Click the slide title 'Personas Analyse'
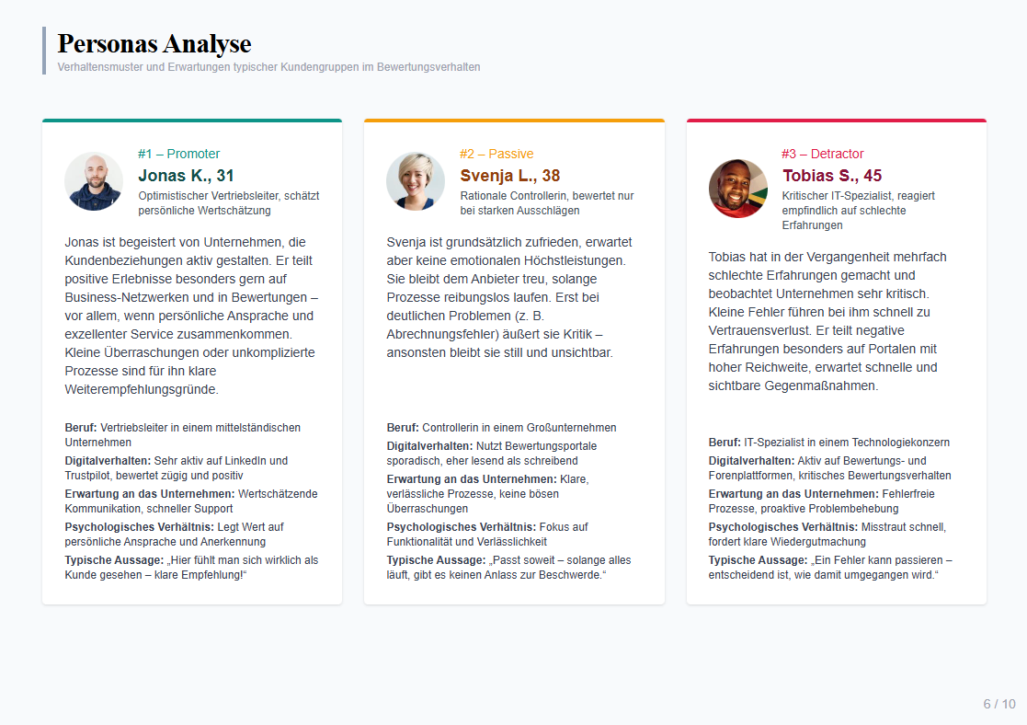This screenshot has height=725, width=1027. click(154, 43)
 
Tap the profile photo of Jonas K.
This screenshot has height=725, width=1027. click(94, 181)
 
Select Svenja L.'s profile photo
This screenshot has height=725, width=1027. click(416, 181)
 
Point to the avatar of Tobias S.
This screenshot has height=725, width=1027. click(738, 189)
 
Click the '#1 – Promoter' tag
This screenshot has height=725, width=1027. click(179, 154)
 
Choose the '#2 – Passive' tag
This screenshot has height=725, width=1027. click(496, 154)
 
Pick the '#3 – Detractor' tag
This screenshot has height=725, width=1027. click(823, 154)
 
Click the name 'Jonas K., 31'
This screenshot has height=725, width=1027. click(186, 176)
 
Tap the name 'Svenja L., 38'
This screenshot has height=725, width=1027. click(509, 176)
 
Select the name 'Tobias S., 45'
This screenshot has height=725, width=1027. click(832, 176)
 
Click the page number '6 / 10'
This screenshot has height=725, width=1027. click(999, 704)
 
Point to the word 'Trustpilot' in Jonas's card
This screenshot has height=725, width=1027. click(91, 476)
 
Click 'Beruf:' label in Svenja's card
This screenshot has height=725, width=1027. click(403, 428)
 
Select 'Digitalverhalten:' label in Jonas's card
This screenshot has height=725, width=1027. click(108, 461)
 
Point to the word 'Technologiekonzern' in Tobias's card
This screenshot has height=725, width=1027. click(900, 443)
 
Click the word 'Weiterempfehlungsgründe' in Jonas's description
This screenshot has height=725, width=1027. click(140, 389)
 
